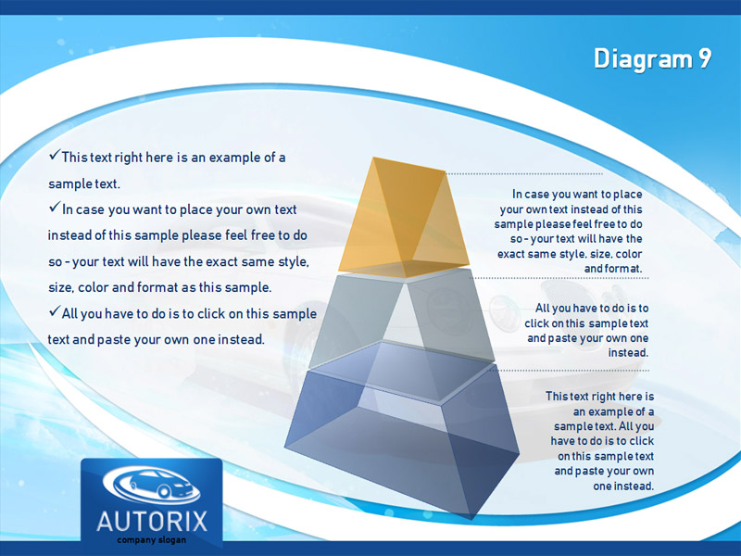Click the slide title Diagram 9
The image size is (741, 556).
(653, 59)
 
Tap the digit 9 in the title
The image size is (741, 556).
(704, 58)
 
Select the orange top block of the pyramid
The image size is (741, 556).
(404, 218)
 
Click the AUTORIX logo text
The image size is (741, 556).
(152, 522)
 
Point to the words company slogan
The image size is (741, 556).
(152, 540)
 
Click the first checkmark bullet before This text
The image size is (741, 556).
(55, 155)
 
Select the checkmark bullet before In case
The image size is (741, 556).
(55, 207)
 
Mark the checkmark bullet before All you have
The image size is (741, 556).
(55, 310)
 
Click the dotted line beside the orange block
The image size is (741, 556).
(524, 173)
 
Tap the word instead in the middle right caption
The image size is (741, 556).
(628, 353)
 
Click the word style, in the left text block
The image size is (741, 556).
(294, 261)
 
